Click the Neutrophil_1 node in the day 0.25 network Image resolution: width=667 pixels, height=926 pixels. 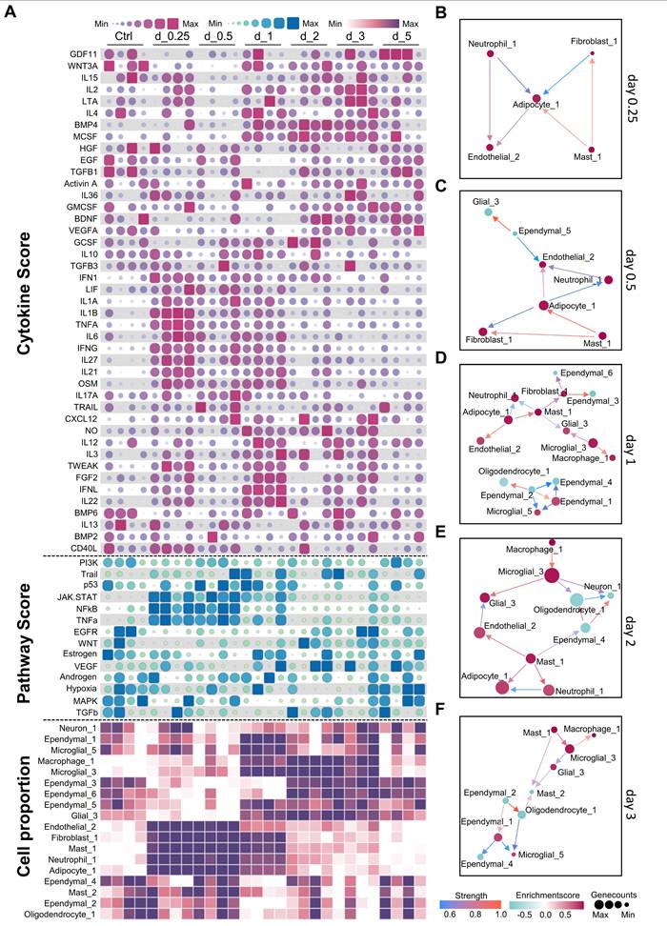[x=490, y=54]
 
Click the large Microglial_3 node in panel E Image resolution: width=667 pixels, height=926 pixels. [x=551, y=574]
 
